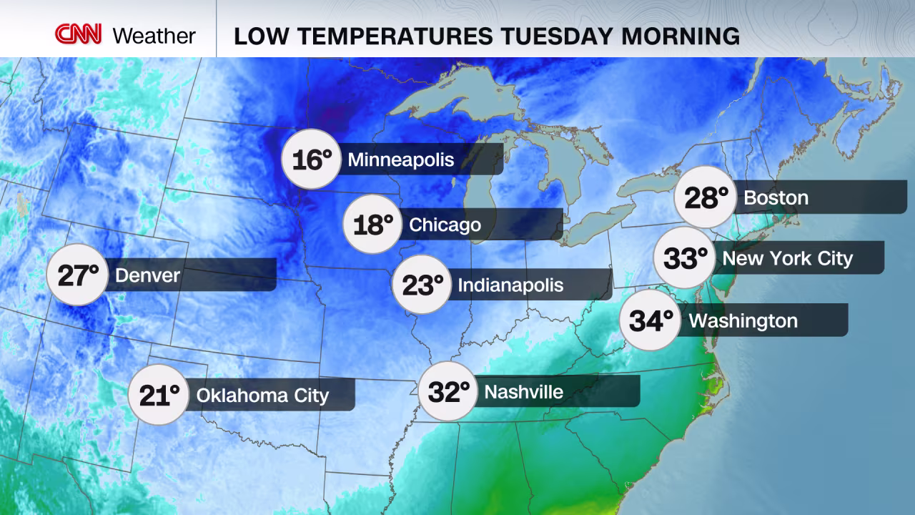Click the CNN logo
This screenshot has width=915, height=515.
pos(79,34)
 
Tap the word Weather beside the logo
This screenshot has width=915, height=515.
pos(154,36)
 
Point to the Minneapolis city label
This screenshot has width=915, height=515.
pos(401,159)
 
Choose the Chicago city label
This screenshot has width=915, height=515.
pos(445,225)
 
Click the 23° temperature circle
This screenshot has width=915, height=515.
pos(422,285)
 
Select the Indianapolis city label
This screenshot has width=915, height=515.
pos(510,285)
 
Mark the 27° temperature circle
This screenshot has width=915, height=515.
pos(77,275)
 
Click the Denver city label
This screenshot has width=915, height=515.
pos(147,275)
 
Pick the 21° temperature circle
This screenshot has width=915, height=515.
pos(159,395)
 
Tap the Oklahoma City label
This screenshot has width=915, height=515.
pos(262,395)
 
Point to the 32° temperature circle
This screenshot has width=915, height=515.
pos(448,391)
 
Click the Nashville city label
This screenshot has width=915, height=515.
pos(523,391)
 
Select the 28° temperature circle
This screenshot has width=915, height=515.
pos(706,197)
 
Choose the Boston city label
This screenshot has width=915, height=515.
pos(776,197)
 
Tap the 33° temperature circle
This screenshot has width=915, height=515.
pos(685,257)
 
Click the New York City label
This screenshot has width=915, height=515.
pos(788,257)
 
